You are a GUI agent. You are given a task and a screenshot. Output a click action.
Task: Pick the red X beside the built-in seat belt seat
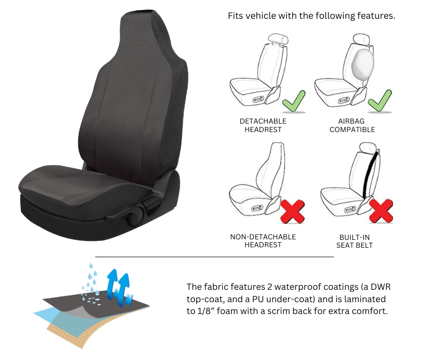(381, 212)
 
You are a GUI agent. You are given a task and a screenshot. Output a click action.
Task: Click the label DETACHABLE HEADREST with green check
(263, 125)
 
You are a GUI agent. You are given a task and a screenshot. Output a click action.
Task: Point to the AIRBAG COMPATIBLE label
(352, 125)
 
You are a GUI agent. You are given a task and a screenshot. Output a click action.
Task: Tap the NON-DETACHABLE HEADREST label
(263, 241)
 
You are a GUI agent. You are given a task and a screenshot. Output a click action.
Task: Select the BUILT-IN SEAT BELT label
(354, 241)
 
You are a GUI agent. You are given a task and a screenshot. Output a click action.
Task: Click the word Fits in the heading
(236, 16)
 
